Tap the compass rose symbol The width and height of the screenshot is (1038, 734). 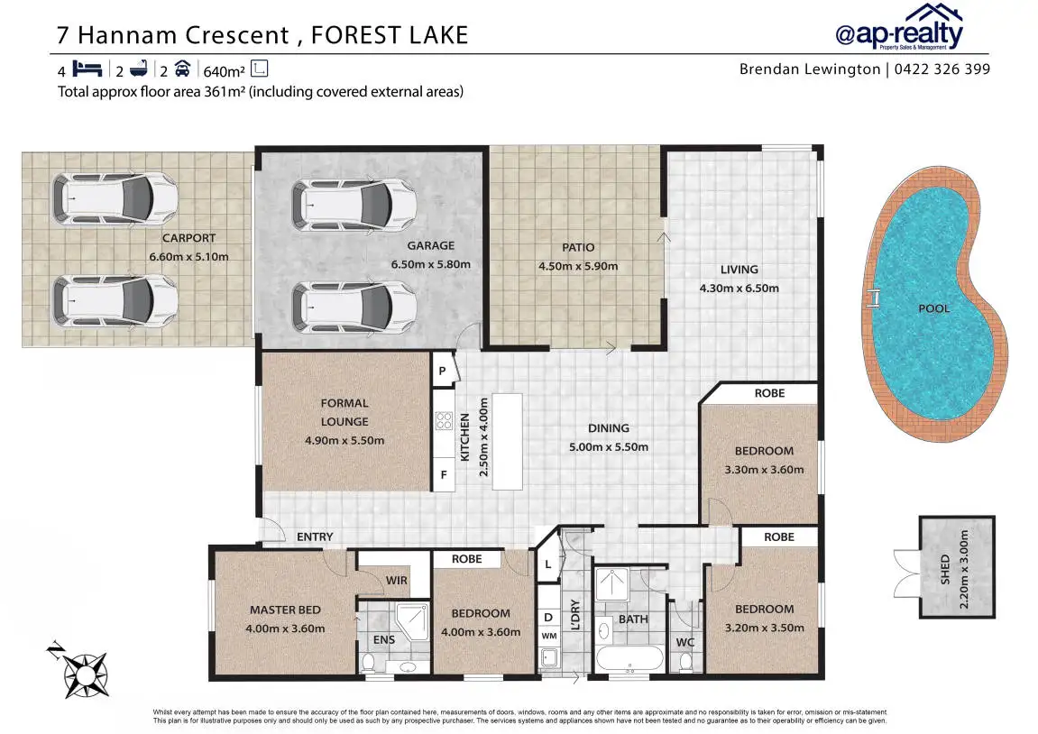(86, 674)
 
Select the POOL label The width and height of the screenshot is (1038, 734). (933, 308)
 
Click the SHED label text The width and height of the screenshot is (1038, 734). (944, 569)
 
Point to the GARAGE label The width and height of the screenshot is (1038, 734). (430, 245)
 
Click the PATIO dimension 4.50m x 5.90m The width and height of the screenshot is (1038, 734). (578, 266)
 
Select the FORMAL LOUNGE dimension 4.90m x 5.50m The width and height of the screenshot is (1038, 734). (344, 440)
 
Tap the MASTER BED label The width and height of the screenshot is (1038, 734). (285, 610)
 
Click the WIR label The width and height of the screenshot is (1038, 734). (397, 581)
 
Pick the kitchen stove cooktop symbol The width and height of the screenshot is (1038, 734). (444, 420)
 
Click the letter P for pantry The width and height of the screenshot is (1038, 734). (442, 372)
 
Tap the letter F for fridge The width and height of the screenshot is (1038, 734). (444, 474)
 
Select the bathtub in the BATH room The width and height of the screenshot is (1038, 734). (629, 658)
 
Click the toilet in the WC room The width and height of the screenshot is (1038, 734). (685, 662)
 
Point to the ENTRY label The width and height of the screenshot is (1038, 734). (315, 537)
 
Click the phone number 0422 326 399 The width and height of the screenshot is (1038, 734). (942, 69)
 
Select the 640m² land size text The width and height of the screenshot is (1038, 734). (224, 71)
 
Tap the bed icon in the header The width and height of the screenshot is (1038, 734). (87, 69)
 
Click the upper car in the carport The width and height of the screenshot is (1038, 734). (115, 197)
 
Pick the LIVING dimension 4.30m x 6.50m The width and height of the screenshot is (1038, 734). (739, 288)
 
